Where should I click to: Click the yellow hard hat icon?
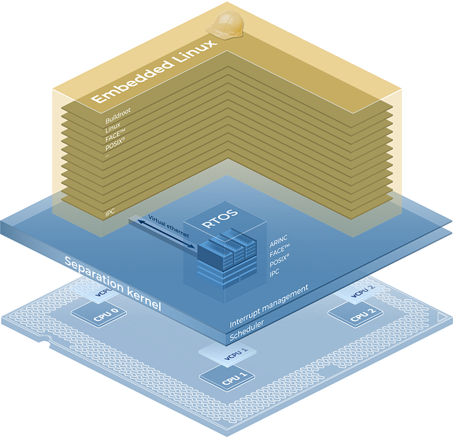(223, 25)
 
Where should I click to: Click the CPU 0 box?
(97, 314)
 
